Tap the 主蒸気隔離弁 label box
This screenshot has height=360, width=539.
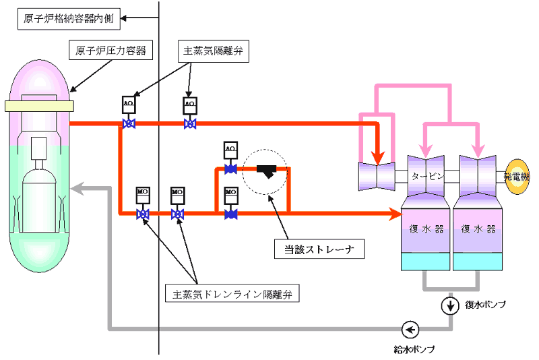214,53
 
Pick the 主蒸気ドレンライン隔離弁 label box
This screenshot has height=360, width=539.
232,293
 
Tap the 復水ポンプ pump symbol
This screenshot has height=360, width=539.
449,305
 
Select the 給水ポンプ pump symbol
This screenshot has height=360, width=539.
410,330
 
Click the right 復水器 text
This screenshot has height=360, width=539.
478,228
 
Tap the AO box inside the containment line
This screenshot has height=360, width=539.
129,104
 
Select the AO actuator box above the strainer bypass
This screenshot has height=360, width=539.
230,148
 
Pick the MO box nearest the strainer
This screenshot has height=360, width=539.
230,194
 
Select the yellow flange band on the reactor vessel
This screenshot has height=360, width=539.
40,105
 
